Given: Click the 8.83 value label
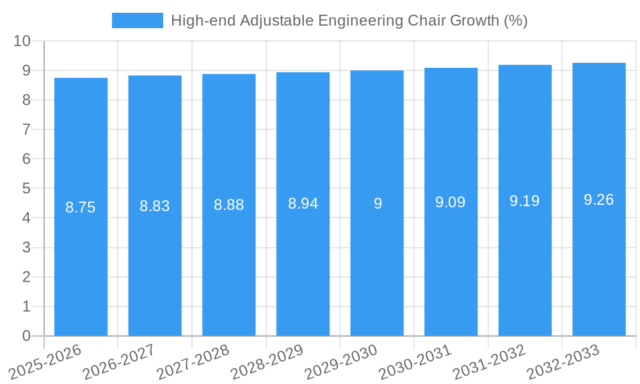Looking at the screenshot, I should point(155,206).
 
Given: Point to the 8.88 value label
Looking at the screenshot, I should point(229,205).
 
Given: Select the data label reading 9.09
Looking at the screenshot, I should point(451,203).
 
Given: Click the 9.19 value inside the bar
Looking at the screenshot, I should point(525,201).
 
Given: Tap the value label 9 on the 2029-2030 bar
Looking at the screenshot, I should point(378,204).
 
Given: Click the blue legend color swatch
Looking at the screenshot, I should point(137,20).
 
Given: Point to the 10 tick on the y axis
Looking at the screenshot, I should point(22,41).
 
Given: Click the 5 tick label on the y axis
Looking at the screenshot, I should point(26,189).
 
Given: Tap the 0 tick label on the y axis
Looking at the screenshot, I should point(26,336).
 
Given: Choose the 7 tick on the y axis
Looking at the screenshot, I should point(26,130).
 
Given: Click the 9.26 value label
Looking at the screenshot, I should point(599,200).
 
